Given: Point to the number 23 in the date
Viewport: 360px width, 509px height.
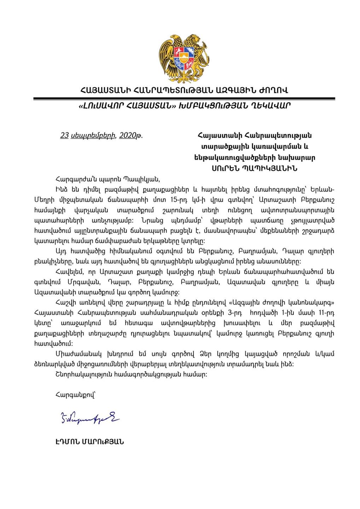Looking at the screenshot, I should (x=64, y=135).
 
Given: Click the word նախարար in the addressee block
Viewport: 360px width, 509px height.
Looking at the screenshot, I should (x=300, y=157).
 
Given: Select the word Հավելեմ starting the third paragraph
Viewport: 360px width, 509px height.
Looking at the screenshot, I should (x=69, y=272).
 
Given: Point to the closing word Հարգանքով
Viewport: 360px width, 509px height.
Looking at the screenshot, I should (x=75, y=395).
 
